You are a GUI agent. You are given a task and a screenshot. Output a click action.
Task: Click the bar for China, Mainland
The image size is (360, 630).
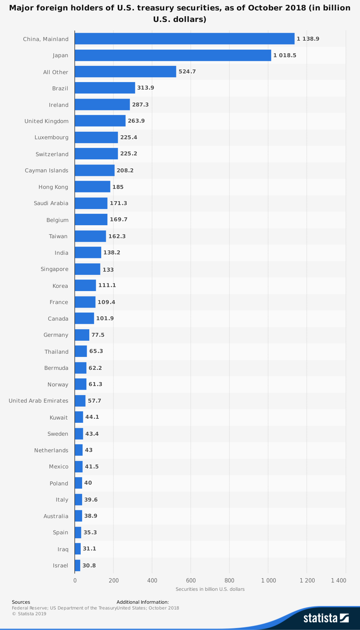pos(184,39)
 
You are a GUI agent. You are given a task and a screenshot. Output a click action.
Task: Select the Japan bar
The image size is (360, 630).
pos(173,55)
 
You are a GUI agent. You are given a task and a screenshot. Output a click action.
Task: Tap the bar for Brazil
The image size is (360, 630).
pos(105,88)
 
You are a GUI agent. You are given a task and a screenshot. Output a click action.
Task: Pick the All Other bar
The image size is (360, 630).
pos(125,72)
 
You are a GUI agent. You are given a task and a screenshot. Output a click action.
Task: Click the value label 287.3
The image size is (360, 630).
pos(140,105)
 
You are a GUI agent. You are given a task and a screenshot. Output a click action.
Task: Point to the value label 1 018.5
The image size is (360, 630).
pos(285,55)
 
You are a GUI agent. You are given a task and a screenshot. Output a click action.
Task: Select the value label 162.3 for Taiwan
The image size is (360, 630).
pos(117,236)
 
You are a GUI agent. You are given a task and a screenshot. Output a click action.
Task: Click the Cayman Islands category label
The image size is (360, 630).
pos(46,171)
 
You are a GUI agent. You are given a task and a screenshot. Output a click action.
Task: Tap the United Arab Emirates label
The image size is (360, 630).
pos(39,401)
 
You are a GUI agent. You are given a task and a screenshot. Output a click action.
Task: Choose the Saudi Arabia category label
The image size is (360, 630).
pos(51,203)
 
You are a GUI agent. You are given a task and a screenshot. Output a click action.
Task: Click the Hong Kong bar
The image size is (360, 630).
pos(93,187)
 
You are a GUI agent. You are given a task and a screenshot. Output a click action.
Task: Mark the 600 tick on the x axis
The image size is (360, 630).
pos(191,580)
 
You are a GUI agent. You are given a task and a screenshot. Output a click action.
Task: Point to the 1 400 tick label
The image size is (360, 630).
pos(338,580)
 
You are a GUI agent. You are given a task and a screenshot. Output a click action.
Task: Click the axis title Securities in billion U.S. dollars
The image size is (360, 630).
pos(210,589)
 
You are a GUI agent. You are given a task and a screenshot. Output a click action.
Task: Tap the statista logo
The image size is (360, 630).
pos(326,618)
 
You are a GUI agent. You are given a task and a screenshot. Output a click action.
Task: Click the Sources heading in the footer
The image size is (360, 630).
pos(21,602)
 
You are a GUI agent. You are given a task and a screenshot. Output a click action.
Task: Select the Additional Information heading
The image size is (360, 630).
pos(143,602)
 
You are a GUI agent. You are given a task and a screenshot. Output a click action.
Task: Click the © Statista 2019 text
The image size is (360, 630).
pos(29,614)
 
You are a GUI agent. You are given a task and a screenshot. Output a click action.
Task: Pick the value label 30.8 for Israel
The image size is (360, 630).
pos(89,566)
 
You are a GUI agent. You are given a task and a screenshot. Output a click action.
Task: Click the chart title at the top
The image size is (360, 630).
pos(180,13)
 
